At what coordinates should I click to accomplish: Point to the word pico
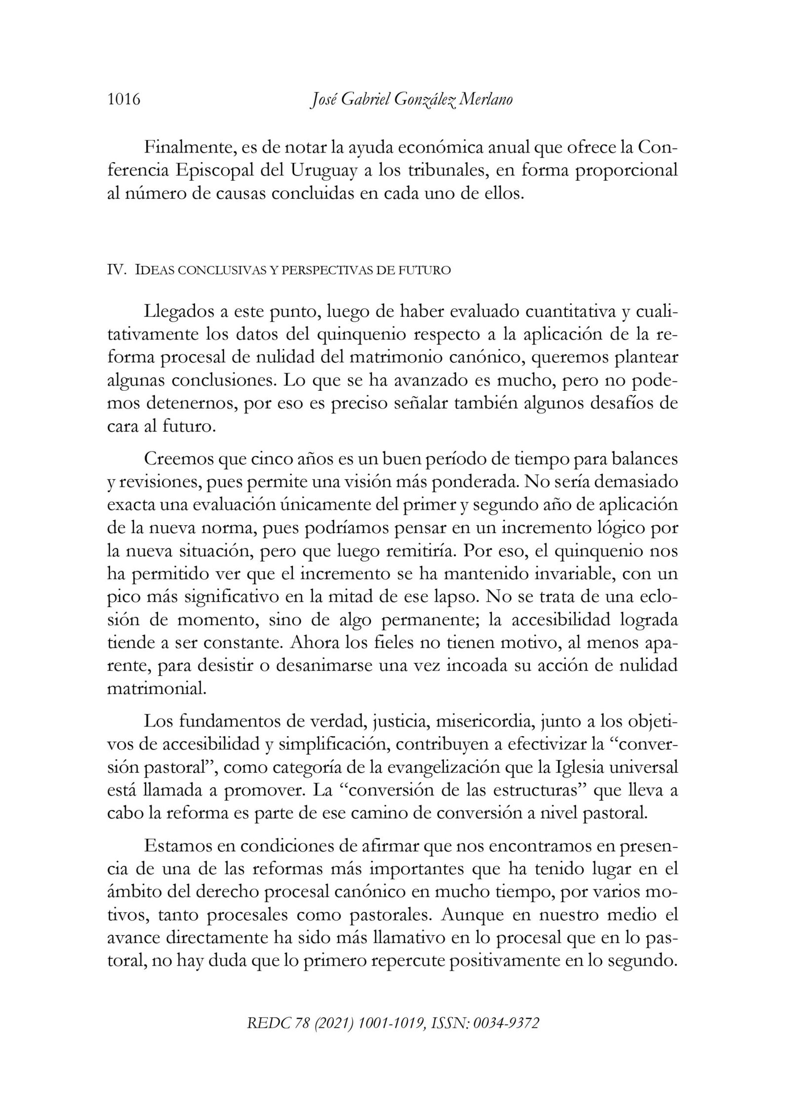pos(120,597)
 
